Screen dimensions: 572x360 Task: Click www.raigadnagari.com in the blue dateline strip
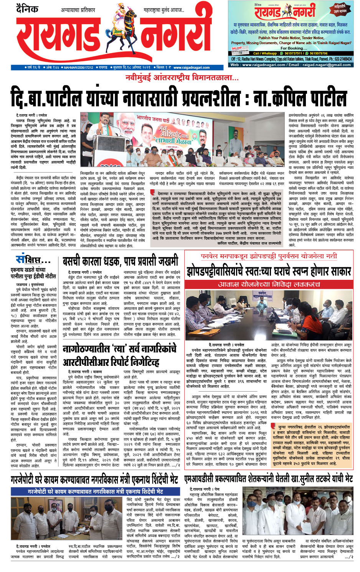[192, 68]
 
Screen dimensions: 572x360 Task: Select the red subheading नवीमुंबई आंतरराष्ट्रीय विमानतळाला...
[182, 78]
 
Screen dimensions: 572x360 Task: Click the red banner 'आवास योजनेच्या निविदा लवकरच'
[268, 284]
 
